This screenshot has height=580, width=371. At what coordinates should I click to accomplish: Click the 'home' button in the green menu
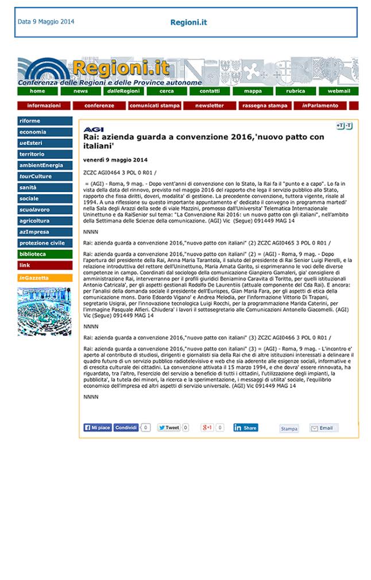coord(37,91)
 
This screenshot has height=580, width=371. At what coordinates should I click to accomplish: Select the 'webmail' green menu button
coord(338,91)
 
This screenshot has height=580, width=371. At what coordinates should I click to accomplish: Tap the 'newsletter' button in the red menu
coord(209,106)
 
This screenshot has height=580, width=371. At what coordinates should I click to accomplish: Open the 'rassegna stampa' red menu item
coord(265,106)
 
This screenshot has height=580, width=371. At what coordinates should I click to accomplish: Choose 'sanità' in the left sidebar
coord(44,187)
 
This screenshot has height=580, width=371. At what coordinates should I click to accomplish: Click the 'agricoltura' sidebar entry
coord(44,221)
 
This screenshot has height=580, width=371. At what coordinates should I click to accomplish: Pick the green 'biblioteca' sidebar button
coord(44,254)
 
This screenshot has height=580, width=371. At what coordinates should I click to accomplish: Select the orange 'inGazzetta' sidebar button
coord(44,278)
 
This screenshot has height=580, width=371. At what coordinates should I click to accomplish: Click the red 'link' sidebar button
coord(44,265)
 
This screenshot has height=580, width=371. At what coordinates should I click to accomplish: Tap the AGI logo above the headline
coord(93,129)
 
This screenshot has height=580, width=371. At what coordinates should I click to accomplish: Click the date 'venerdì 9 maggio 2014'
coord(115,159)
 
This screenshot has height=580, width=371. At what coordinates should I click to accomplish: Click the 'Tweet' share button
coord(169,428)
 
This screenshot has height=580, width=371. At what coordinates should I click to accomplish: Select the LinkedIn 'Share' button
coord(245,428)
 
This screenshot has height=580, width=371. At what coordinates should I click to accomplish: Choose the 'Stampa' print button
coord(289,428)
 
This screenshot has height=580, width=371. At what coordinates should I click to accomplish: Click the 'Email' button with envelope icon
coord(323,428)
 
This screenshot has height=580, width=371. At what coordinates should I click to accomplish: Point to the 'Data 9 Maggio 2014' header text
coord(46,22)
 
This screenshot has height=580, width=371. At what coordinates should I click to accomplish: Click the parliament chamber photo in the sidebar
coord(44,311)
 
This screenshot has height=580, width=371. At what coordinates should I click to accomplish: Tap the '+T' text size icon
coord(340,125)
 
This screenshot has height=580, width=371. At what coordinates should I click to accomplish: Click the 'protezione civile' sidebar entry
coord(44,243)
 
